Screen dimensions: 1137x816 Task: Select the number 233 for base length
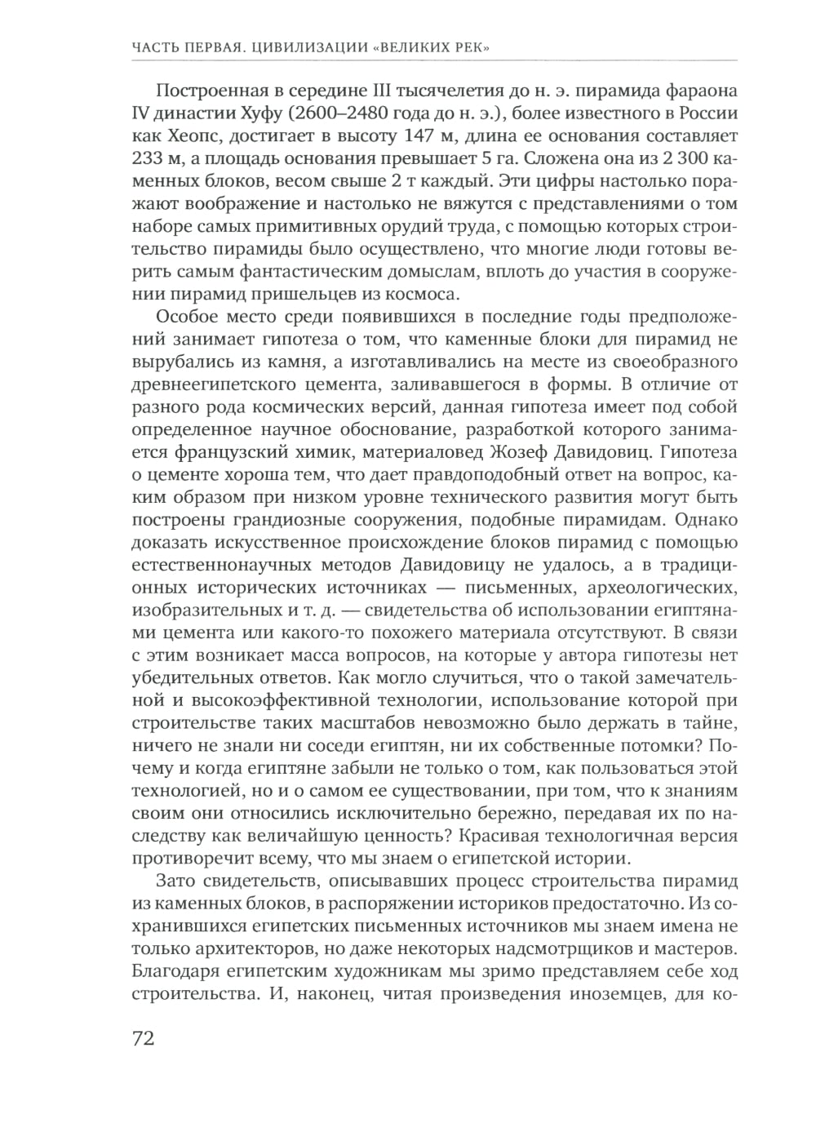pos(149,157)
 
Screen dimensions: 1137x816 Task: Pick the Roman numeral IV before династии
pos(141,113)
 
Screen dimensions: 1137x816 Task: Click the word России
pos(705,113)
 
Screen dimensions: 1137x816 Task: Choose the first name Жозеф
pos(547,451)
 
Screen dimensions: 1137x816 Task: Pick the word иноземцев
pos(627,994)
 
